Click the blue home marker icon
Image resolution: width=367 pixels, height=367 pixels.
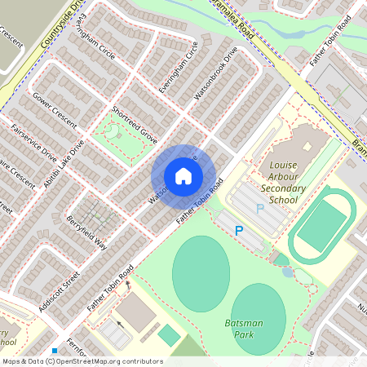(183, 175)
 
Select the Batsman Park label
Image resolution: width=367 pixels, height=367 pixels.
(244, 329)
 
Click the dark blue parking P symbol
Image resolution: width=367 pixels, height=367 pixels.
(239, 232)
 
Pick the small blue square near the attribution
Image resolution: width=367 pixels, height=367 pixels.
(54, 351)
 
